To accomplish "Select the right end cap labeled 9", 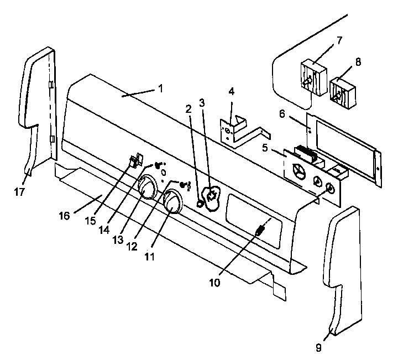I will [347, 265].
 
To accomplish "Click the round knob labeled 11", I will [172, 202].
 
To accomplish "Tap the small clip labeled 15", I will [134, 161].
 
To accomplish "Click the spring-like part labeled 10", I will [260, 229].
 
